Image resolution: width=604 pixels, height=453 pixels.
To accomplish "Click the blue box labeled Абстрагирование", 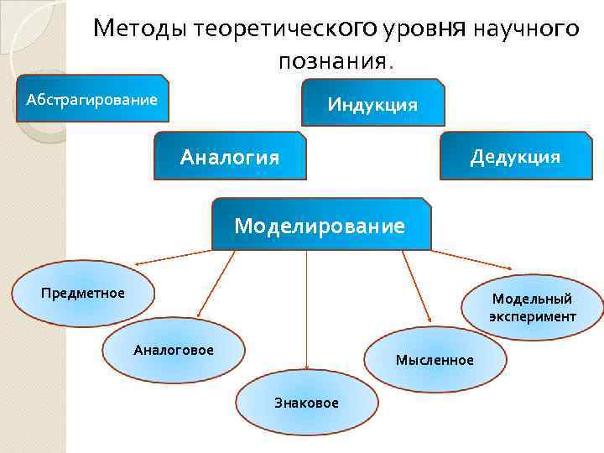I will coord(91,100).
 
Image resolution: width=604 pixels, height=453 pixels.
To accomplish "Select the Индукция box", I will coord(372,103).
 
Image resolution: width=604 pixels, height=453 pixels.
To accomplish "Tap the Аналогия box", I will coord(230,156).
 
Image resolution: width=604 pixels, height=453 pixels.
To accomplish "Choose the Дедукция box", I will coord(515,156).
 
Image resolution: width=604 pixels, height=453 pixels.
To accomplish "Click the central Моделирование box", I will coord(320,225).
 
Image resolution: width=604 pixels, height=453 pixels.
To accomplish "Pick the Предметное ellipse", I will coord(83,293).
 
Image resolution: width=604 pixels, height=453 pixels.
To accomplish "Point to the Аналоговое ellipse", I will coord(174,350).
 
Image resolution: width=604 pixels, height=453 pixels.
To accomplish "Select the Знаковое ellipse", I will coord(306,403).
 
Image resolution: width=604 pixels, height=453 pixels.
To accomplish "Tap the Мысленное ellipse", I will coord(435,360).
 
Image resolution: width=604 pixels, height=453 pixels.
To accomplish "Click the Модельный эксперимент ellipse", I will coord(533,308).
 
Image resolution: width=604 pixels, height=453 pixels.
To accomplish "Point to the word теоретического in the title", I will coord(286,29).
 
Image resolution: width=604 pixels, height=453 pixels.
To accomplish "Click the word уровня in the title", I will coord(424,29).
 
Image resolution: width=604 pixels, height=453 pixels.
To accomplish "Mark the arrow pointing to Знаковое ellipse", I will coord(306,310).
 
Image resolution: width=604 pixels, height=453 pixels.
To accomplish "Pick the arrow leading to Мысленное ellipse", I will coord(416,286).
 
